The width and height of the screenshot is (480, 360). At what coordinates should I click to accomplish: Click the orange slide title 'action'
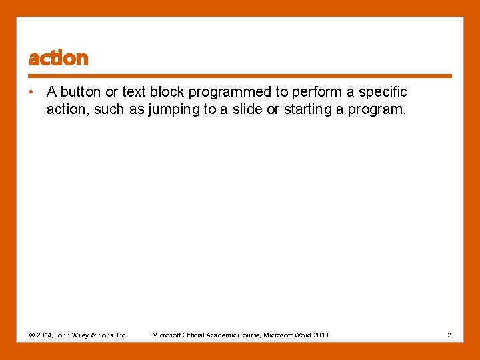click(x=58, y=59)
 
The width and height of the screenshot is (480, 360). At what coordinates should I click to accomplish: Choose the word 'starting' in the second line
click(x=309, y=109)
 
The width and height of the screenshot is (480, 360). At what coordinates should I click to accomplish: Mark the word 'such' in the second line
click(x=109, y=109)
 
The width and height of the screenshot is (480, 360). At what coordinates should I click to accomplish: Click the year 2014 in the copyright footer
click(x=47, y=335)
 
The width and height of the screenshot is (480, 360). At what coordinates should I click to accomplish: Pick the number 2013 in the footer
click(x=321, y=335)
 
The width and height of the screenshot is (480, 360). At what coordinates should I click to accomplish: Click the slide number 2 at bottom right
click(x=449, y=335)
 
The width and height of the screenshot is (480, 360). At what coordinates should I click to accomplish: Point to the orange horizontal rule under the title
click(x=240, y=76)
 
